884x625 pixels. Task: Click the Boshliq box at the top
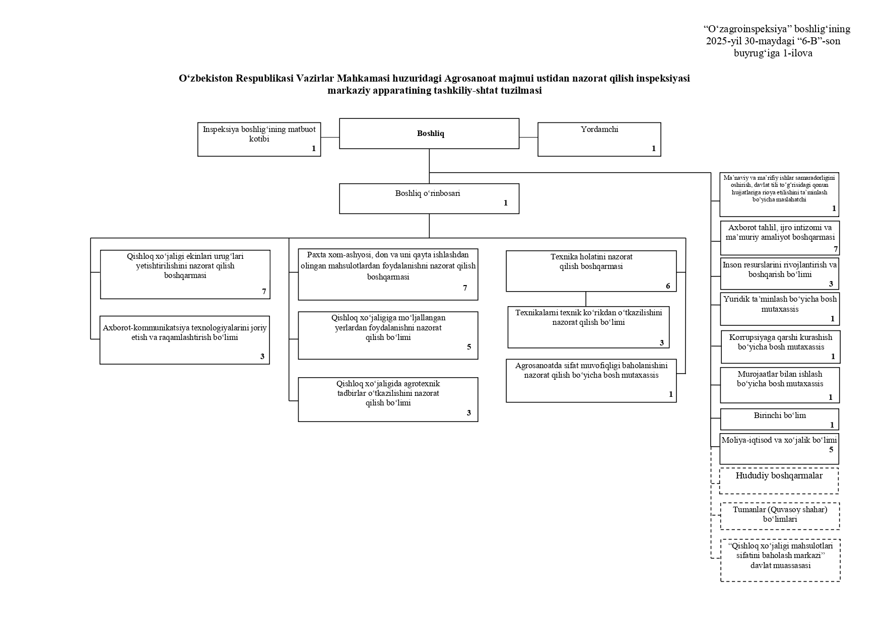[x=429, y=133]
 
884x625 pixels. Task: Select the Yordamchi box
[x=599, y=140]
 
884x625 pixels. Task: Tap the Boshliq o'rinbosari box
[x=429, y=198]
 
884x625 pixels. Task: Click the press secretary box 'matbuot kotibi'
[x=259, y=140]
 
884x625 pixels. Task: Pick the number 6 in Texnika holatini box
[x=668, y=286]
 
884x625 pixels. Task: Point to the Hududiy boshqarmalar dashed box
[x=779, y=481]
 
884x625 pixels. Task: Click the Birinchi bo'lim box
[x=779, y=419]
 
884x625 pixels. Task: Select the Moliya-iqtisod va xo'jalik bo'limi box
[x=779, y=449]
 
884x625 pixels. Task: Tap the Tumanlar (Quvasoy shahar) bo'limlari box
[x=780, y=516]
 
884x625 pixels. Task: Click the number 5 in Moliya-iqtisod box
[x=832, y=450]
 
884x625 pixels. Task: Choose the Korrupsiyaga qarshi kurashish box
[x=781, y=346]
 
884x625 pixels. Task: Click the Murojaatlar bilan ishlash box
[x=780, y=385]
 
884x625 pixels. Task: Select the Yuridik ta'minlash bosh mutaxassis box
[x=780, y=309]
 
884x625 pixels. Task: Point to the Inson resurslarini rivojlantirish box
[x=779, y=273]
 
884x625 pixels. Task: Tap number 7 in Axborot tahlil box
[x=836, y=249]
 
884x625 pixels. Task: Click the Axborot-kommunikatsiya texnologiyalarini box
[x=184, y=340]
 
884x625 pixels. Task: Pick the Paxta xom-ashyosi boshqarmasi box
[x=388, y=274]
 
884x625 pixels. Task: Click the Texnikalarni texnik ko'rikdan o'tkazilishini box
[x=588, y=327]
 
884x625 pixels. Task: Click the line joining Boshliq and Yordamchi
[x=528, y=137]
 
